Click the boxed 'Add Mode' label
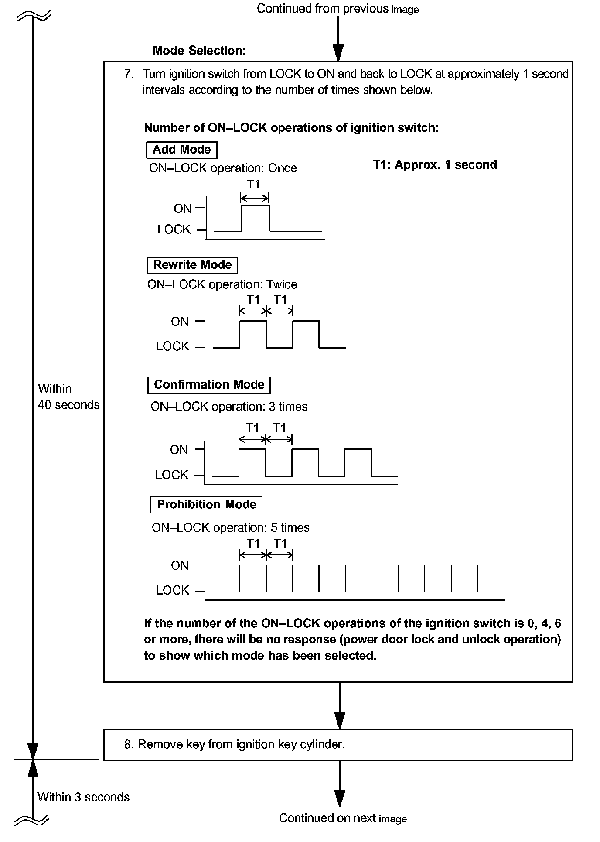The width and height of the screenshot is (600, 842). pos(181,150)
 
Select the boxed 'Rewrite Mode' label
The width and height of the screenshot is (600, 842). pos(192,265)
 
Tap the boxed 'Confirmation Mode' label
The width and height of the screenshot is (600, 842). pos(209,384)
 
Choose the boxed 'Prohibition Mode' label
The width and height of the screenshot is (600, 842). pos(206,504)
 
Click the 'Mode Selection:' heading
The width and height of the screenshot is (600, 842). pos(199,51)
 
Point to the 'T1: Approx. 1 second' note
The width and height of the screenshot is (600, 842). pos(435,164)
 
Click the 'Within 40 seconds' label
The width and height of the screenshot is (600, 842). pos(68,397)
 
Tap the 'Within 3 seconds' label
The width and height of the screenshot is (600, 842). pos(83,797)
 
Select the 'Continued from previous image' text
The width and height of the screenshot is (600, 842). pos(337,9)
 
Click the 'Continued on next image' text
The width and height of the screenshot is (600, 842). pos(343,818)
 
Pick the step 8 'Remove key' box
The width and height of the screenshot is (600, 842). pos(337,744)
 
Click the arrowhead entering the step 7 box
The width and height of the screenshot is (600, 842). pos(338,53)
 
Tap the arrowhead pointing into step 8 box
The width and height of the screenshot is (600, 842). pos(339,719)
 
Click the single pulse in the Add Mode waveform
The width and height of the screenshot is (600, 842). pos(255,218)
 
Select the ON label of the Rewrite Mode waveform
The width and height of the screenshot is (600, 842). pos(180,322)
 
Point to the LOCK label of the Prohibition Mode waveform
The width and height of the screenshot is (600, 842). pos(173,590)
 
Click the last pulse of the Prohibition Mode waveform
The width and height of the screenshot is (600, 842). pos(464,578)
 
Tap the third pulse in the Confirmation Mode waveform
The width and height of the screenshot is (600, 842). pos(358,462)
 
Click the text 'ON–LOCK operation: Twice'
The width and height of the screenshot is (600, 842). pos(222,284)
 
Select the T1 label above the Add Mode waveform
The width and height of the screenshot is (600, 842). pos(253,185)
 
